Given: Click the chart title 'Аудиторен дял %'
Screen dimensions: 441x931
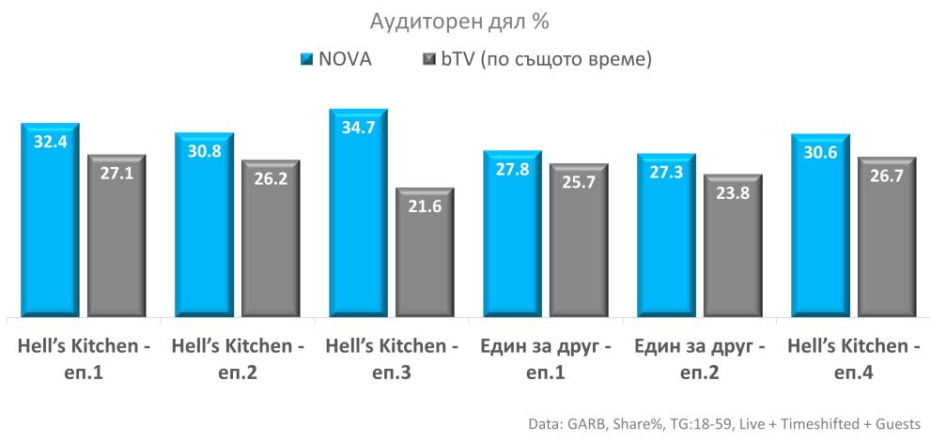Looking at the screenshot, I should pyautogui.click(x=465, y=21).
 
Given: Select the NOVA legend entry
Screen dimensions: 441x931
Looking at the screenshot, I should pyautogui.click(x=335, y=59).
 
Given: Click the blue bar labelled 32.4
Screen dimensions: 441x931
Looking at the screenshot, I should pyautogui.click(x=51, y=225).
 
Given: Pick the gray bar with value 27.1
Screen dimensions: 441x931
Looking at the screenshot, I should pyautogui.click(x=117, y=239).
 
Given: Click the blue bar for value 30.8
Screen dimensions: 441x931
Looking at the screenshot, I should pyautogui.click(x=204, y=230).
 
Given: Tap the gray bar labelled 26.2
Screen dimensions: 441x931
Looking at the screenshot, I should pyautogui.click(x=272, y=242).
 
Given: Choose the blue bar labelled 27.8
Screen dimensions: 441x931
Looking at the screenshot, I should pyautogui.click(x=512, y=239).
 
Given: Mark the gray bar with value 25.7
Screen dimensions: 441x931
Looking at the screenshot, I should pyautogui.click(x=579, y=244).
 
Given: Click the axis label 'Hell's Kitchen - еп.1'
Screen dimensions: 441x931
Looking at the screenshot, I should pyautogui.click(x=85, y=359).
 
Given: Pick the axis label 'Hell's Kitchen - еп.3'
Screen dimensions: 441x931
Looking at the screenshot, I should pyautogui.click(x=392, y=359).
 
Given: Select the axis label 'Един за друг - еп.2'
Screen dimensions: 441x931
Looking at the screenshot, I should pyautogui.click(x=699, y=359).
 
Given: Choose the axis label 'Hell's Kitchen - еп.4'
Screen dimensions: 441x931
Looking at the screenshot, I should pyautogui.click(x=853, y=359).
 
